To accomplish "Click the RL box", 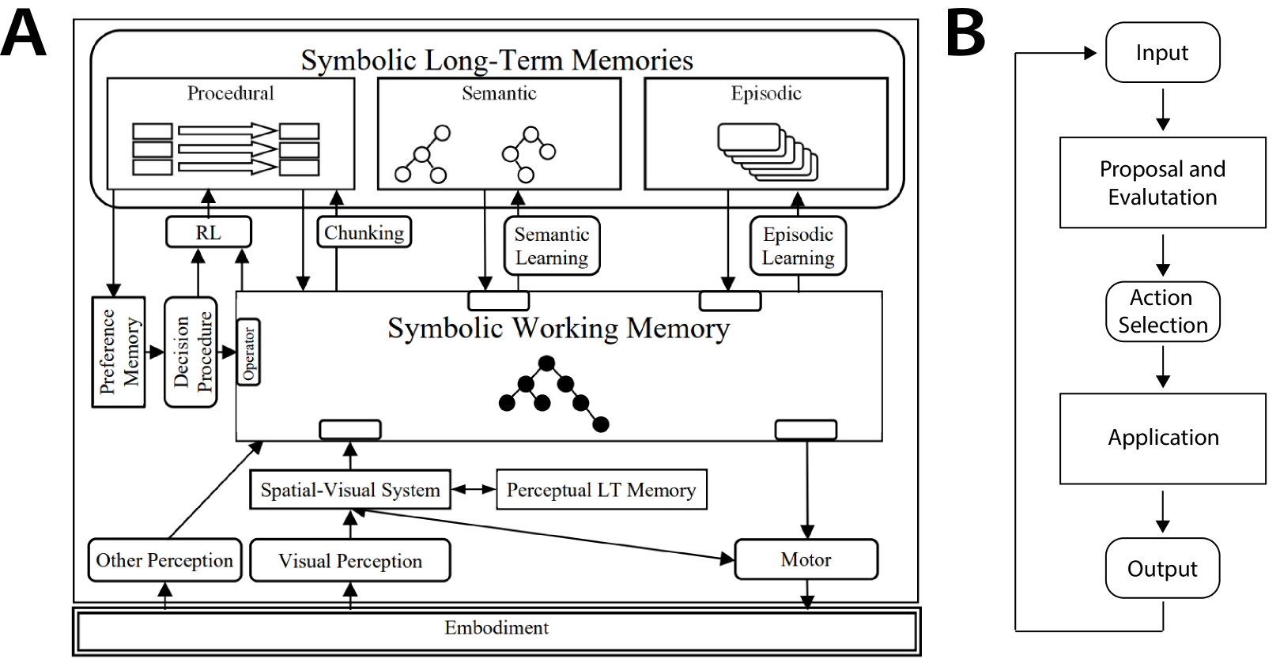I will [209, 232].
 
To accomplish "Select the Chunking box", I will [364, 232].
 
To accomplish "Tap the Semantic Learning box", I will [552, 246].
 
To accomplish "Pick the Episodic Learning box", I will [798, 246].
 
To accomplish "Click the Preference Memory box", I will [119, 352].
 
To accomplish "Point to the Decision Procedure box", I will [191, 352].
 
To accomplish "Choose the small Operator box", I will [248, 352].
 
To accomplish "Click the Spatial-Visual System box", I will [350, 490].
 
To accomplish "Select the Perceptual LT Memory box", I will [601, 490].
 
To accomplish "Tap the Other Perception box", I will [164, 560].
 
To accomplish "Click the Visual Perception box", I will [350, 560].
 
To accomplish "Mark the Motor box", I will [806, 559].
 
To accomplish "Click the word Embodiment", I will [497, 628].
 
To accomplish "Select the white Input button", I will [1162, 52].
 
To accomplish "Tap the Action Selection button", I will [1162, 311].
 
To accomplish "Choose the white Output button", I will [1162, 568].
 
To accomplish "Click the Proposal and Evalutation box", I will [1162, 183].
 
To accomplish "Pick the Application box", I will [1162, 438].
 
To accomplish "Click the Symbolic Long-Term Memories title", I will [497, 60].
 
